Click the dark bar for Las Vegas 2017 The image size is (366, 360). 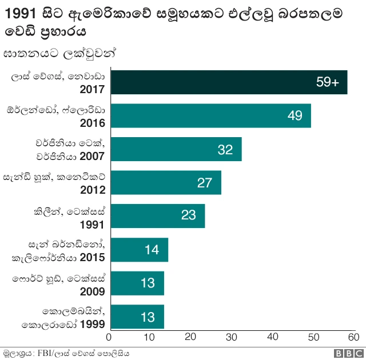[228, 82]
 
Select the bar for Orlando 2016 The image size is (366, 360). [210, 115]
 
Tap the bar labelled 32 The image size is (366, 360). [175, 149]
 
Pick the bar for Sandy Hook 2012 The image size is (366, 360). [165, 182]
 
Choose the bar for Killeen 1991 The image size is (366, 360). [157, 216]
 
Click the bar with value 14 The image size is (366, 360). [138, 250]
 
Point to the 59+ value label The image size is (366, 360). [328, 82]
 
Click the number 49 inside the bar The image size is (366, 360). [295, 115]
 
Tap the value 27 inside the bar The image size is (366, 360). [205, 183]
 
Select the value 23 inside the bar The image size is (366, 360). [189, 216]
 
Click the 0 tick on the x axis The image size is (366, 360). [109, 337]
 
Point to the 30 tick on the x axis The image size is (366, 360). [232, 337]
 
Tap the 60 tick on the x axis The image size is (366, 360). [353, 337]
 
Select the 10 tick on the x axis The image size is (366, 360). [150, 337]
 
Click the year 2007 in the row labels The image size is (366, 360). [93, 156]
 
